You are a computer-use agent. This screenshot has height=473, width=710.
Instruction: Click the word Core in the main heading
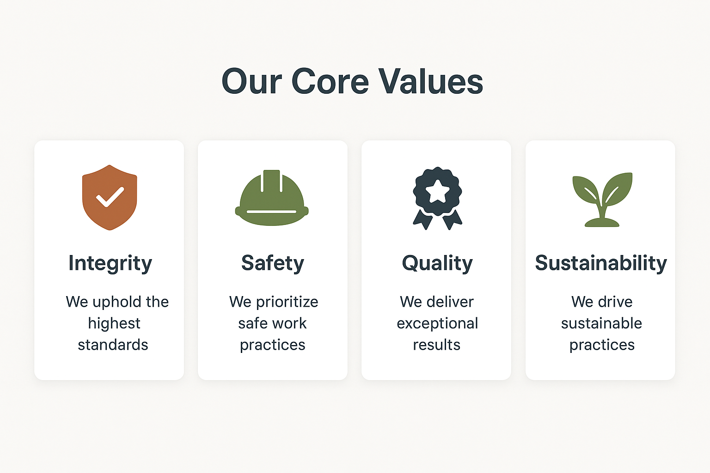[x=330, y=81]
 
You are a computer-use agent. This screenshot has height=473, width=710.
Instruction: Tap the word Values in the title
[x=431, y=81]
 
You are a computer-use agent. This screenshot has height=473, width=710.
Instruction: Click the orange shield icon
[x=110, y=197]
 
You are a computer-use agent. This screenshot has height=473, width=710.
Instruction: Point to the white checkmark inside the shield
[x=110, y=197]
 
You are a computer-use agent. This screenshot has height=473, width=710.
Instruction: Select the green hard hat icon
[x=272, y=198]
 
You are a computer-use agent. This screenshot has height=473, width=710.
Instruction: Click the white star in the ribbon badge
[x=437, y=191]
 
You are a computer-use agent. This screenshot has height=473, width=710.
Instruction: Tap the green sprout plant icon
[x=602, y=200]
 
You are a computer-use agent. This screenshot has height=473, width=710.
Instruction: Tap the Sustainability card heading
[x=601, y=263]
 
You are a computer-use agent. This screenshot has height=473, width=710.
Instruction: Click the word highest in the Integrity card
[x=114, y=324]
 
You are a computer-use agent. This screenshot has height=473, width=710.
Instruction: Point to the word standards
[x=113, y=345]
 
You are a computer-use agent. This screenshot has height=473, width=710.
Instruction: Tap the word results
[x=436, y=345]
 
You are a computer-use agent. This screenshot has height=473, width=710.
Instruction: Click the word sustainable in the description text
[x=601, y=323]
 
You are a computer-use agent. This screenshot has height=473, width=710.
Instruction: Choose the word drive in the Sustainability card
[x=615, y=302]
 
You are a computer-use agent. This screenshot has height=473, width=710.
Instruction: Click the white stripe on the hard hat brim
[x=272, y=211]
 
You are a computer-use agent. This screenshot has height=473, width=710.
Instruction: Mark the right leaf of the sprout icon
[x=618, y=189]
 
